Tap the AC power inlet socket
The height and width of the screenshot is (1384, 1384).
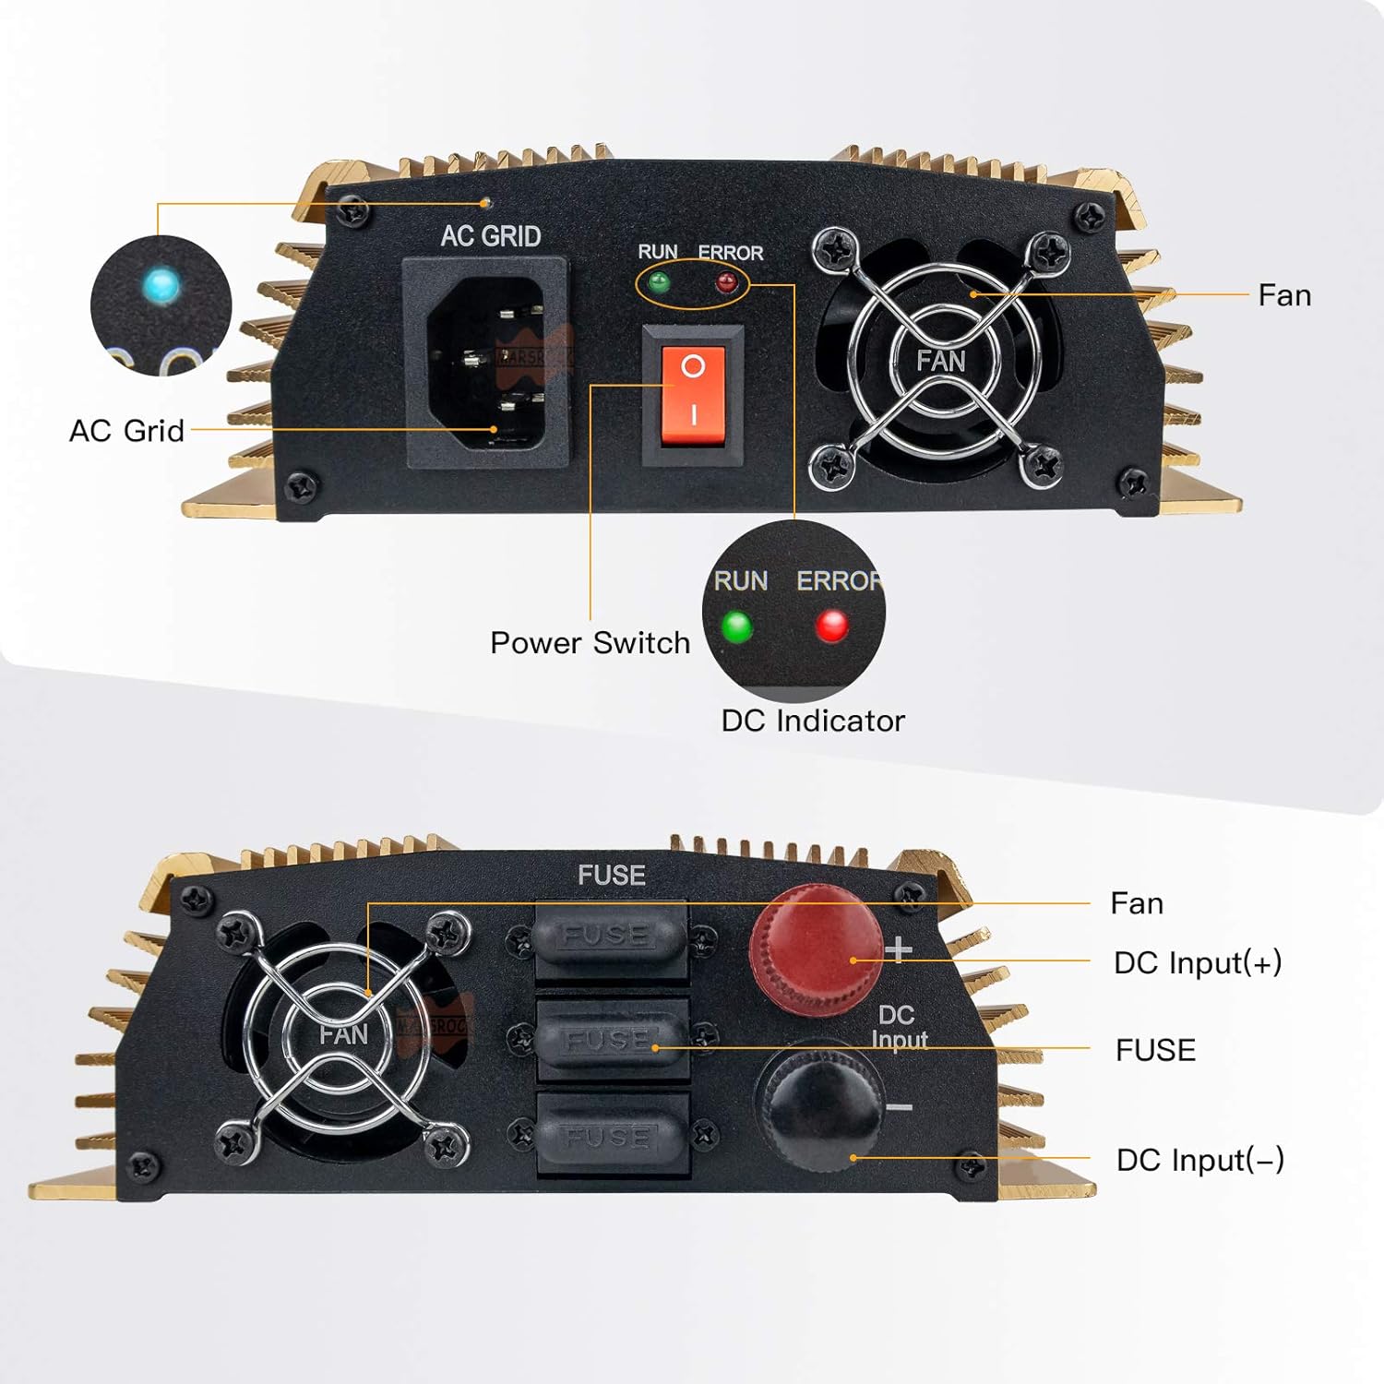[486, 363]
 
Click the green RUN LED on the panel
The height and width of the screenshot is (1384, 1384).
[659, 281]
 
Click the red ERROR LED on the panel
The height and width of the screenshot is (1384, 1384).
[727, 281]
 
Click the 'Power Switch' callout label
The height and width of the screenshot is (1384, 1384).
[590, 642]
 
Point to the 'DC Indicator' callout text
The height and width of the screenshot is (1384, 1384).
[813, 721]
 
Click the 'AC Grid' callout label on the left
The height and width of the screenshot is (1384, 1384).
[126, 431]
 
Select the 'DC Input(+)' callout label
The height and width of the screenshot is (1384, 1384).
[1198, 962]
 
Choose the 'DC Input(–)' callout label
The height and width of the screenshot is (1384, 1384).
[1199, 1160]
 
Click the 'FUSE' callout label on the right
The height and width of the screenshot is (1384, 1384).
[1155, 1050]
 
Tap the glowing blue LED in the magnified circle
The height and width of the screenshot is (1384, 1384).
[162, 284]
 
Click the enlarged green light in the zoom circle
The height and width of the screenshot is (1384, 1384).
[736, 627]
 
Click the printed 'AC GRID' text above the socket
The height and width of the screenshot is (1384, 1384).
[491, 236]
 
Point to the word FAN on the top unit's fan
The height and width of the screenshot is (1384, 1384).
[940, 361]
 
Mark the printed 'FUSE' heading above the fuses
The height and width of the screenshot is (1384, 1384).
[611, 875]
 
